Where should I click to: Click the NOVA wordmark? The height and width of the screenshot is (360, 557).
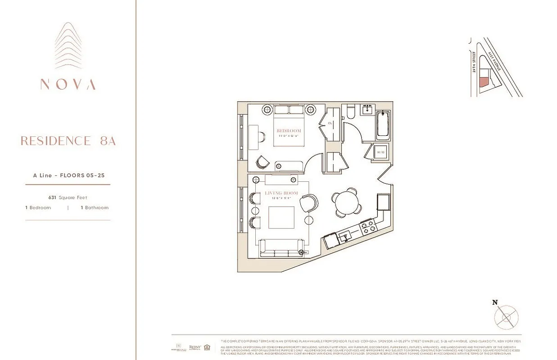click(x=68, y=84)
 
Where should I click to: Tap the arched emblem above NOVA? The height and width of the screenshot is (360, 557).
click(x=68, y=45)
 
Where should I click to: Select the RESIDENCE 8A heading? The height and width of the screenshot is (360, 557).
click(x=68, y=141)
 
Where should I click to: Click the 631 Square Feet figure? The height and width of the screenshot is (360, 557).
click(x=68, y=197)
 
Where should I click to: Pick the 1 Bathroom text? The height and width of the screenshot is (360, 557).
click(x=95, y=207)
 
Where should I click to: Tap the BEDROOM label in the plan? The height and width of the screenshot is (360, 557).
click(x=289, y=131)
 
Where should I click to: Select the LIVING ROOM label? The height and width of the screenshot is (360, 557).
click(x=281, y=193)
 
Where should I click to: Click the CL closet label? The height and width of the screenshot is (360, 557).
click(x=330, y=123)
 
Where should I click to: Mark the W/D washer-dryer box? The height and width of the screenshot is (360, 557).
click(x=380, y=153)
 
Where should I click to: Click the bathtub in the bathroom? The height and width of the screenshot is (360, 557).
click(x=383, y=125)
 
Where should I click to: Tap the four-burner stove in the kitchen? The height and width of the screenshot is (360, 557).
click(x=368, y=226)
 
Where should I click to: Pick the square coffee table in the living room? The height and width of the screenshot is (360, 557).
click(x=281, y=218)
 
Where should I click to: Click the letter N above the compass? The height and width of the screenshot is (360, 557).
click(x=495, y=303)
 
